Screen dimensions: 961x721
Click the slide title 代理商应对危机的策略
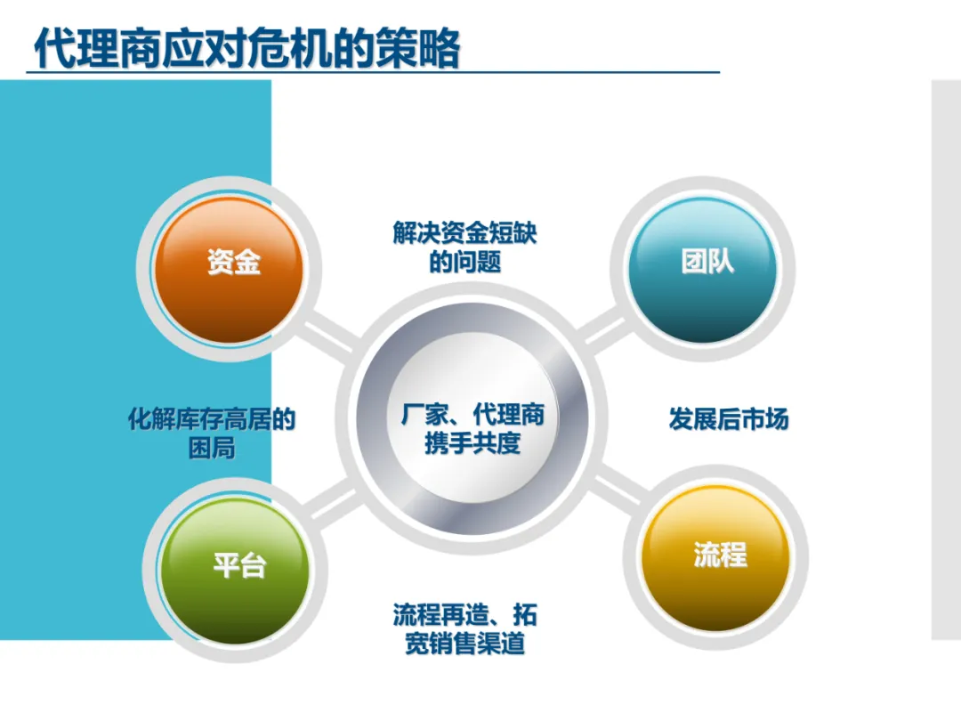coord(247,47)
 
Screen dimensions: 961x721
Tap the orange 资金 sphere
coord(230,270)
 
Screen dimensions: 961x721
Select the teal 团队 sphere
coord(702,270)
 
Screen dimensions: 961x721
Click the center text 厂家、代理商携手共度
coord(472,428)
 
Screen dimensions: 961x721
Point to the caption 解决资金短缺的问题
coord(464,247)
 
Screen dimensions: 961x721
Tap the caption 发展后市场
coord(729,419)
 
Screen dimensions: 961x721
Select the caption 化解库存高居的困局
coord(212,433)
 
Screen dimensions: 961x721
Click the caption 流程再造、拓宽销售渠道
coord(464,629)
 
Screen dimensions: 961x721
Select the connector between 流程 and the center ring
coord(618,488)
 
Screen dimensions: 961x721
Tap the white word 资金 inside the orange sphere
coord(234,263)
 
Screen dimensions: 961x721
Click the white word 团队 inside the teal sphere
coord(707,262)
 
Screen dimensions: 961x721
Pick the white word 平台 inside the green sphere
coord(239,564)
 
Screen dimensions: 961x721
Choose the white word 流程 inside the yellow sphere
coord(721,555)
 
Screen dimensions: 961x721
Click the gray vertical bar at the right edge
coord(946,360)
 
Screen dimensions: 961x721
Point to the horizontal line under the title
coord(373,72)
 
